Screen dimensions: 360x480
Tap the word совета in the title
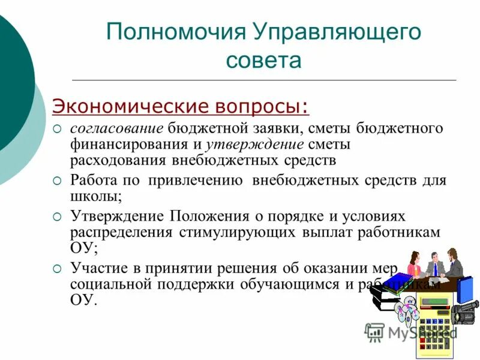tap(263, 61)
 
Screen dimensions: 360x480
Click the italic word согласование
tap(116, 129)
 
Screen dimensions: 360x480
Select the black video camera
tap(466, 312)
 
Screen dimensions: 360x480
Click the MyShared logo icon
tap(374, 331)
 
